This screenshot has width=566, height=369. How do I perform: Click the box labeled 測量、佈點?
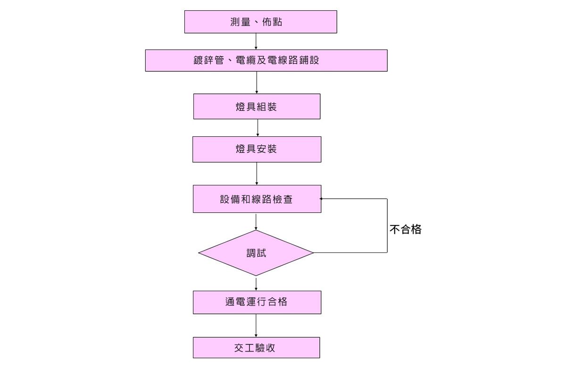tap(260, 22)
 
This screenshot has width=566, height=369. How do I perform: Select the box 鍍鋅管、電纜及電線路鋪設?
tap(266, 60)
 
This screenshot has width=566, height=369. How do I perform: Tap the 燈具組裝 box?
tap(257, 107)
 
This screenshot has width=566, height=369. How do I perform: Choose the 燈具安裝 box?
tap(257, 149)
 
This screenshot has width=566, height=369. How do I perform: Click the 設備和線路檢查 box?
tap(257, 199)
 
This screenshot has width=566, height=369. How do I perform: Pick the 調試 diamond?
tap(256, 253)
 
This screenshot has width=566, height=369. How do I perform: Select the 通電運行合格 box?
tap(257, 302)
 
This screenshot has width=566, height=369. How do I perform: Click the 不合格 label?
tap(405, 230)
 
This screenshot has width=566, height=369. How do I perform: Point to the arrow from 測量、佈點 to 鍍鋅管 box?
tap(256, 42)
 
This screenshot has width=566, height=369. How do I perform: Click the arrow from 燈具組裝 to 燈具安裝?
tap(258, 127)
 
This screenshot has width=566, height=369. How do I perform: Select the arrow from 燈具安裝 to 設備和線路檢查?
tap(257, 174)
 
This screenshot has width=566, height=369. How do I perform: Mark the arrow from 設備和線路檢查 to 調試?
tap(256, 221)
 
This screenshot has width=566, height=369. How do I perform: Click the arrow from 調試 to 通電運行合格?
tap(256, 283)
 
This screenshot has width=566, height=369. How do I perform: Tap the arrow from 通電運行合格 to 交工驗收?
tap(256, 326)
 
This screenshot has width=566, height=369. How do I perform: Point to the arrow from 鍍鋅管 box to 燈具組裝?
tap(257, 83)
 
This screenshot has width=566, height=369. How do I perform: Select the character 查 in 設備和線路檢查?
tap(287, 199)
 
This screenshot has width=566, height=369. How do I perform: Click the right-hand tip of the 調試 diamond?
tap(313, 253)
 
